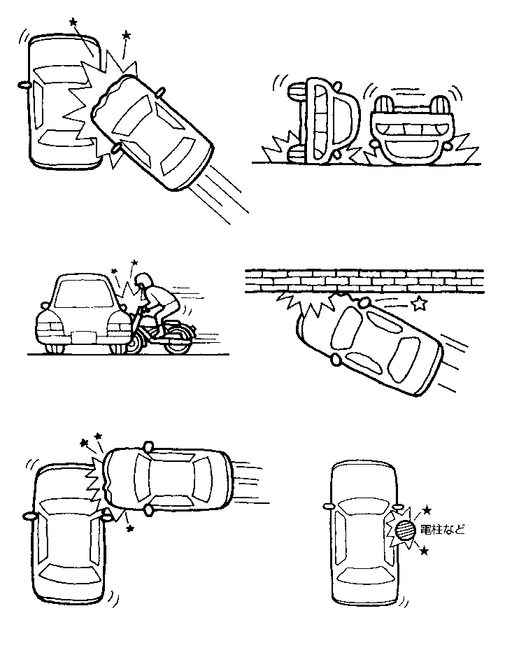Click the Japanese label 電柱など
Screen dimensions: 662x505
coord(443,530)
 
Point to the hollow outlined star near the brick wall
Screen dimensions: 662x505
coord(418,303)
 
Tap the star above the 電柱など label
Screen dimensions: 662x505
coord(427,511)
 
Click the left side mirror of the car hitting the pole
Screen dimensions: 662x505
coord(327,505)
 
